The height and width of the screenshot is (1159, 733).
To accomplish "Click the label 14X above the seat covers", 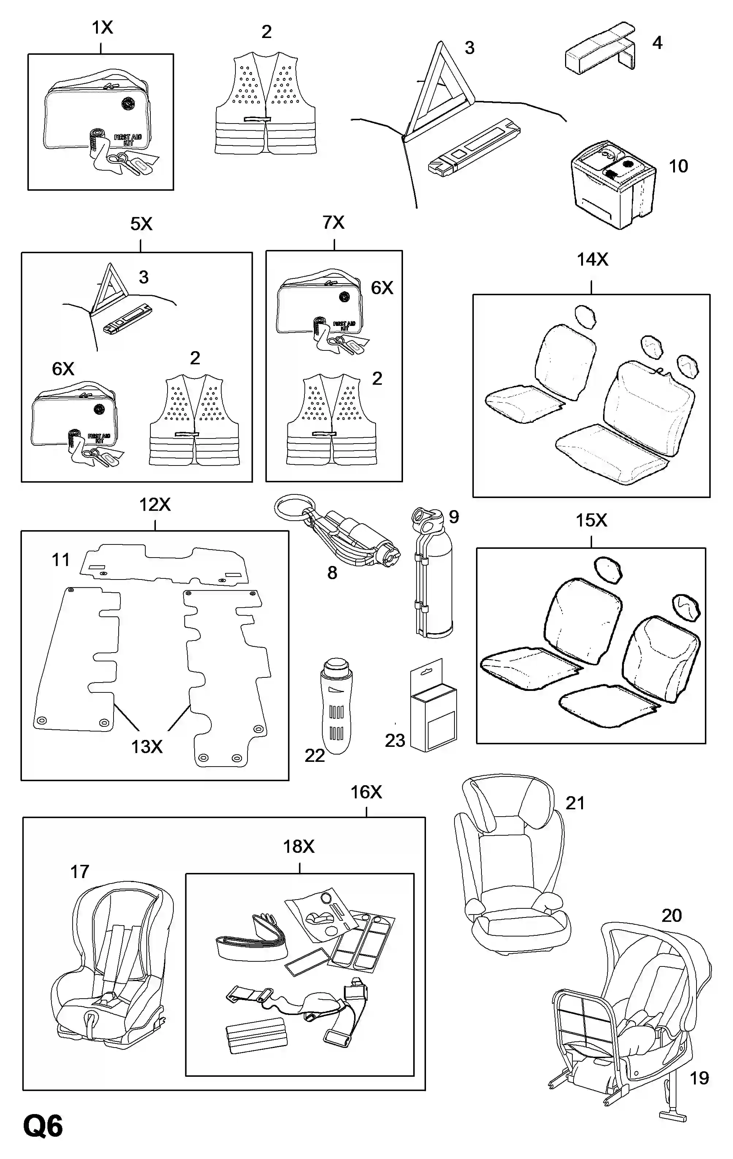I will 592,260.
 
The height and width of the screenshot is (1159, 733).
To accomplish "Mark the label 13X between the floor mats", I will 147,746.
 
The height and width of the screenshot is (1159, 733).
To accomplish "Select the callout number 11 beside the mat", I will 61,560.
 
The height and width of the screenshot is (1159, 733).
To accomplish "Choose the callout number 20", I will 671,915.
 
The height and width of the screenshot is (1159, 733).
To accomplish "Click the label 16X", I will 366,792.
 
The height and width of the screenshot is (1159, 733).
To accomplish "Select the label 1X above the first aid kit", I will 102,28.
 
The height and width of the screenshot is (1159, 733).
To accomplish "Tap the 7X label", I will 333,223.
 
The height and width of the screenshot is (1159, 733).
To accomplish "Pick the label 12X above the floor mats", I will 155,505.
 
